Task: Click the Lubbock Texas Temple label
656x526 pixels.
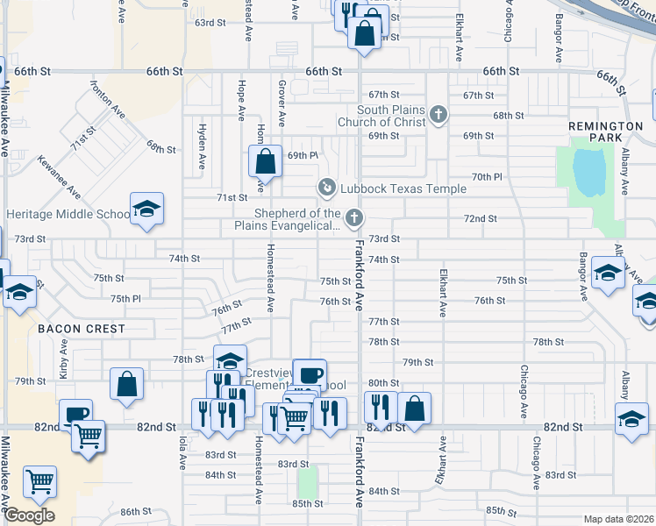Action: coord(391,188)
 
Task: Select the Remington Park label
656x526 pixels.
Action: coord(606,131)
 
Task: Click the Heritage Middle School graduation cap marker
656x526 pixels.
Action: coord(146,209)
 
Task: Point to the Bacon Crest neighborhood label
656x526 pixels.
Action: coord(81,329)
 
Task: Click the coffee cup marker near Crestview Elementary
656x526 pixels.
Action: coord(309,374)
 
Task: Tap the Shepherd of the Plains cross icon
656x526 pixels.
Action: coord(354,217)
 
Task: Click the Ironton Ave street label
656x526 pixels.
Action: coord(109,99)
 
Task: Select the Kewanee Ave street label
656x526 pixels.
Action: coord(60,176)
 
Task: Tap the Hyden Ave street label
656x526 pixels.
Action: coord(202,150)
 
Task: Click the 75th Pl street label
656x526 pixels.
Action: coord(125,299)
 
